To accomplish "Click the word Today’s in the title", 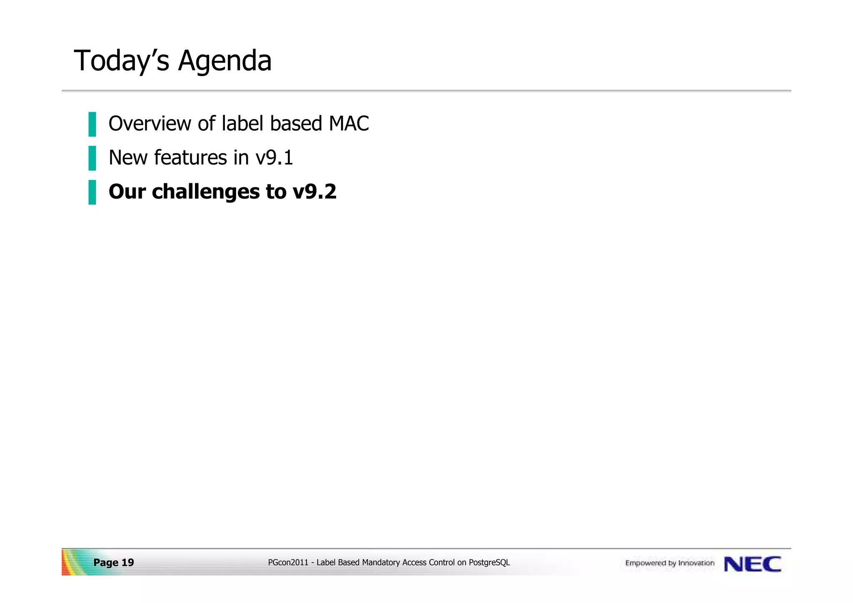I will (121, 61).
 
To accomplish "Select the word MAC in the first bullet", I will (349, 124).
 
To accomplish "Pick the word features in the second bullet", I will (190, 158).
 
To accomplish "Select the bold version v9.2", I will (314, 192).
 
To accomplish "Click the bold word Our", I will (127, 192).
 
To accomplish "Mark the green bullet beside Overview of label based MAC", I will (92, 124).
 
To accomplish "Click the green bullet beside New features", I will (92, 158).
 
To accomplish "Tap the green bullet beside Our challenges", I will (92, 192).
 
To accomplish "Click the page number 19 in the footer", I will (127, 563).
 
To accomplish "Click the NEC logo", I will (752, 564).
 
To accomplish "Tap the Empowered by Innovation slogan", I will (670, 563).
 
